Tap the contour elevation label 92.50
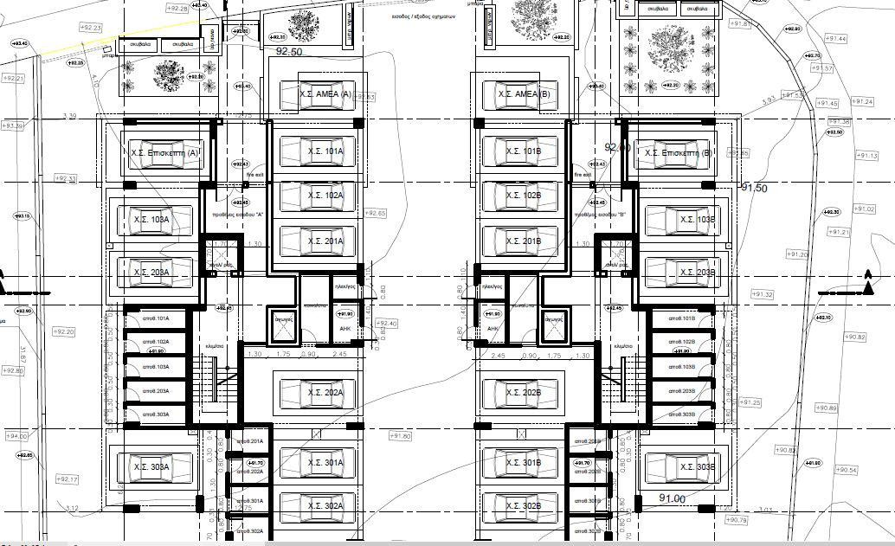pos(288,52)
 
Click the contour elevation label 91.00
pos(672,498)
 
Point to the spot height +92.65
pos(376,213)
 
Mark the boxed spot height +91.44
pos(834,39)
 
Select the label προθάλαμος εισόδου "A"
pos(237,213)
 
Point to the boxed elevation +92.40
pos(387,323)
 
